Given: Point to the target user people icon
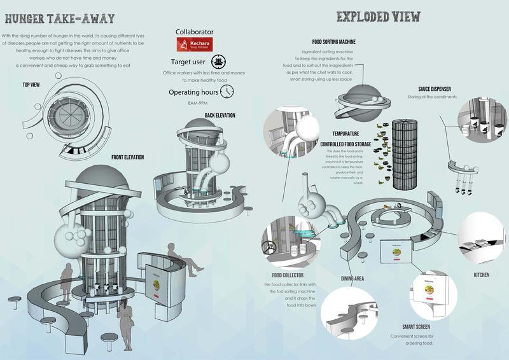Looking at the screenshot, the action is tap(219, 62).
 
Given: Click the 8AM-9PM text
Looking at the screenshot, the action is tap(197, 104).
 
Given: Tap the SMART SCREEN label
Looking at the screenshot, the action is tap(409, 325).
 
